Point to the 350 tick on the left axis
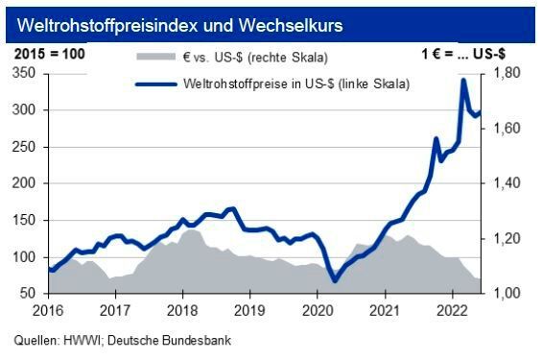click(29, 74)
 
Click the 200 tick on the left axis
click(29, 183)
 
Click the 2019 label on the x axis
click(248, 311)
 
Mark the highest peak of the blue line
click(464, 81)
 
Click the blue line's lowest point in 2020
click(334, 280)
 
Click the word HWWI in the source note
click(80, 340)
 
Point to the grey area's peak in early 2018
click(190, 230)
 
